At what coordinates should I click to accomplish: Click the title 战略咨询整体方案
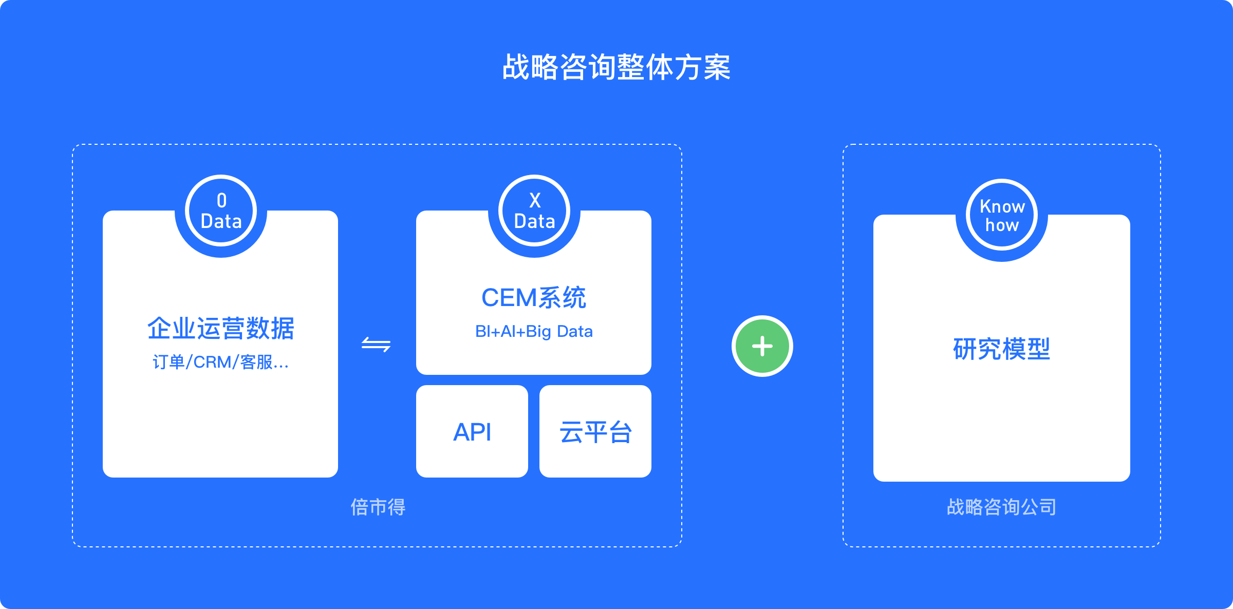[616, 67]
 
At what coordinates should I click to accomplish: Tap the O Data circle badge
[221, 211]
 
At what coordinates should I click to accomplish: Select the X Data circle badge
[534, 211]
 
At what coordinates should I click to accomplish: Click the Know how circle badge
[1002, 215]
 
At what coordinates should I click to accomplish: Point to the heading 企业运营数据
[221, 329]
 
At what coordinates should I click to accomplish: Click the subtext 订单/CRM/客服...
[221, 362]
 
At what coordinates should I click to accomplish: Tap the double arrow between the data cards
[376, 344]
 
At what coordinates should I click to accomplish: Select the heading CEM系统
[534, 298]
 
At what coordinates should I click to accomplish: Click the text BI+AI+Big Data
[534, 332]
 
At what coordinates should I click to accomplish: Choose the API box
[472, 431]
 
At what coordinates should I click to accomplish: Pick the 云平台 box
[595, 431]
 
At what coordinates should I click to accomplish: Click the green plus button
[762, 346]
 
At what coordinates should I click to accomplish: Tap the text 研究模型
[1002, 349]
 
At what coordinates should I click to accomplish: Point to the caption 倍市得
[378, 507]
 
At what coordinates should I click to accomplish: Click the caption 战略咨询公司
[1002, 507]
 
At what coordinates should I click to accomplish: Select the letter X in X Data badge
[535, 200]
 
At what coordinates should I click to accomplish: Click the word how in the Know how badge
[1002, 225]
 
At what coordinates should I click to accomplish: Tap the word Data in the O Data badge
[221, 221]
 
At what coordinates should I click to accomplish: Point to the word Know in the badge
[1002, 206]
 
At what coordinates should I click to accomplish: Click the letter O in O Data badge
[221, 200]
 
